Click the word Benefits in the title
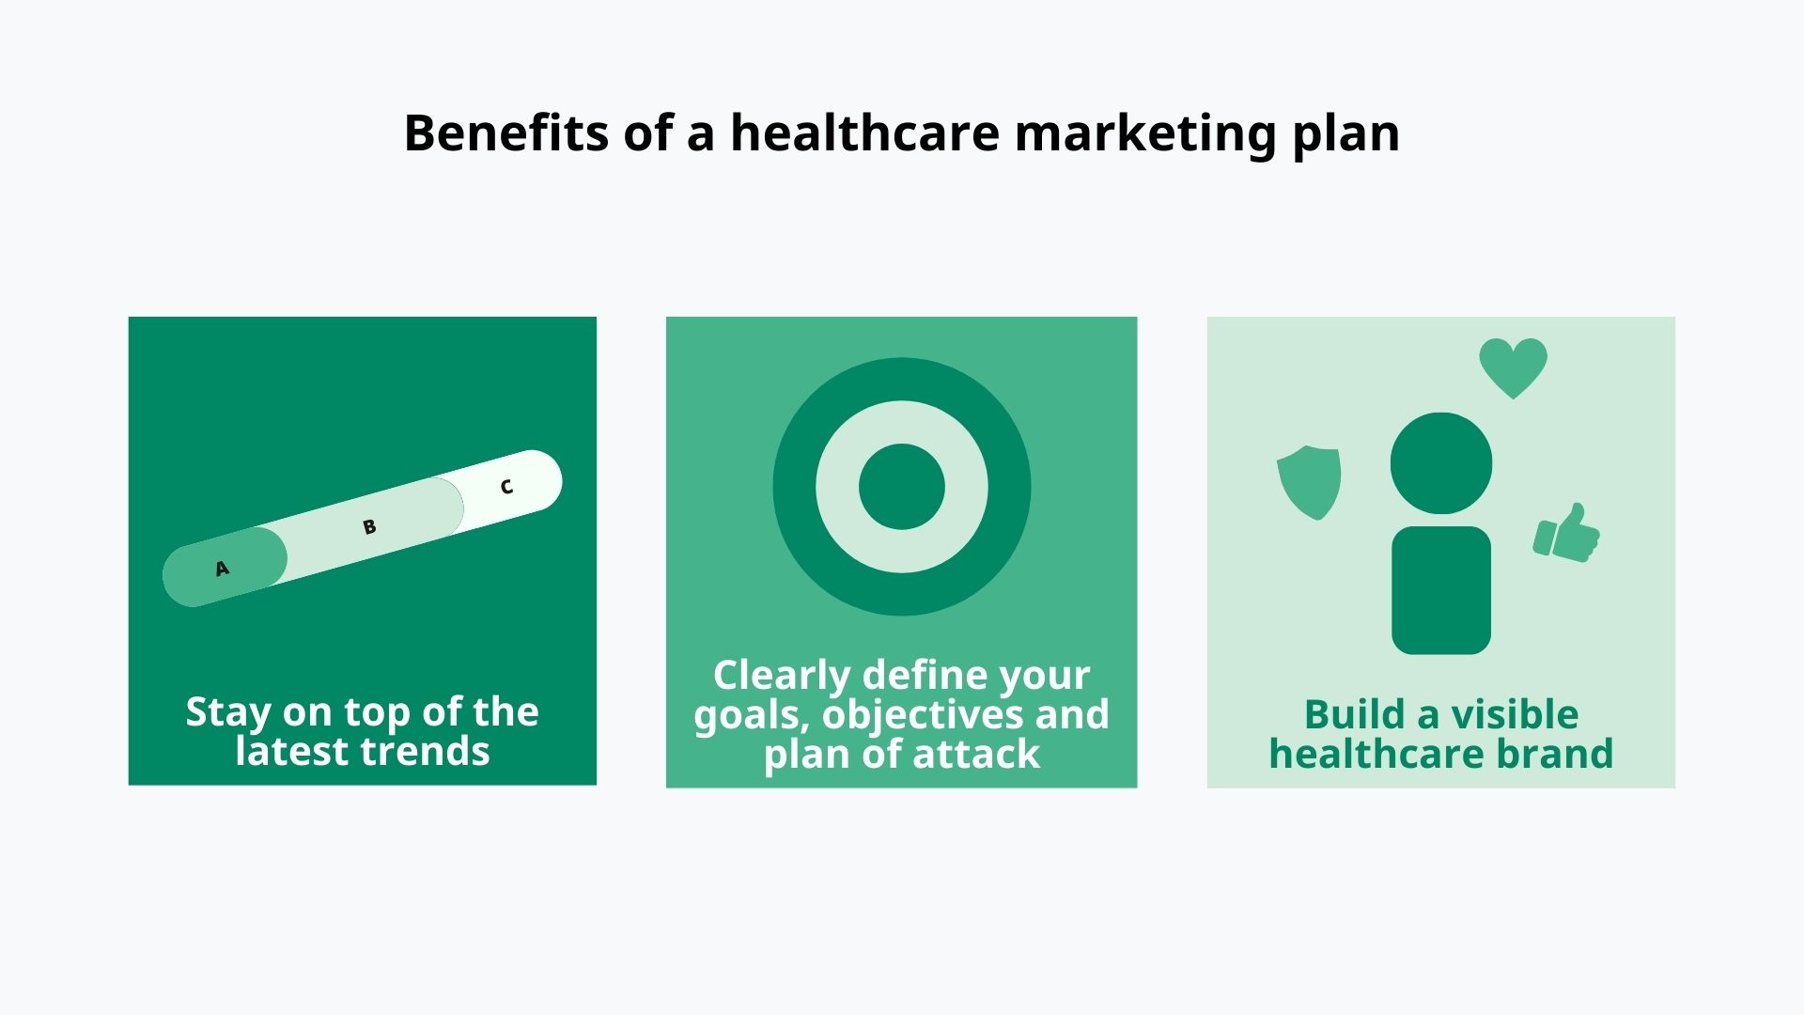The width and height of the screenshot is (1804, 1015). coord(505,133)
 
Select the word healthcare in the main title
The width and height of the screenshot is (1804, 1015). coord(864,133)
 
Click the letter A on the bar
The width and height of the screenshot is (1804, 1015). coord(222,569)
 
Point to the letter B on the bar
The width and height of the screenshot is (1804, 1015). coord(369,527)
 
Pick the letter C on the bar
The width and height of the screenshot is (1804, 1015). coord(506,487)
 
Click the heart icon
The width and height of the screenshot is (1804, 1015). coord(1513,367)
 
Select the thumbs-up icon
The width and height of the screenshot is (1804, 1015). coord(1566,534)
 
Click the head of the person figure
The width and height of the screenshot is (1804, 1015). coord(1440,463)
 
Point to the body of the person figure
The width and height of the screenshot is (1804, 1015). coord(1440,590)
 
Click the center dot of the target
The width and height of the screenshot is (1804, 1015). coord(901,487)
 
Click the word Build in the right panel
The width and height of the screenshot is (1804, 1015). coord(1354,715)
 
